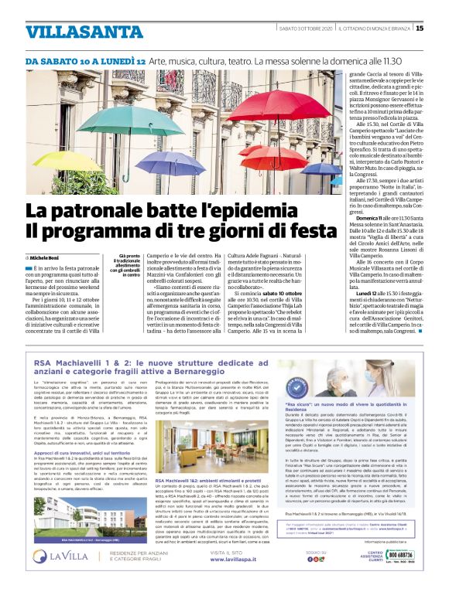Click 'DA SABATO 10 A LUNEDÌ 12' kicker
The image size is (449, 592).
86,60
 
